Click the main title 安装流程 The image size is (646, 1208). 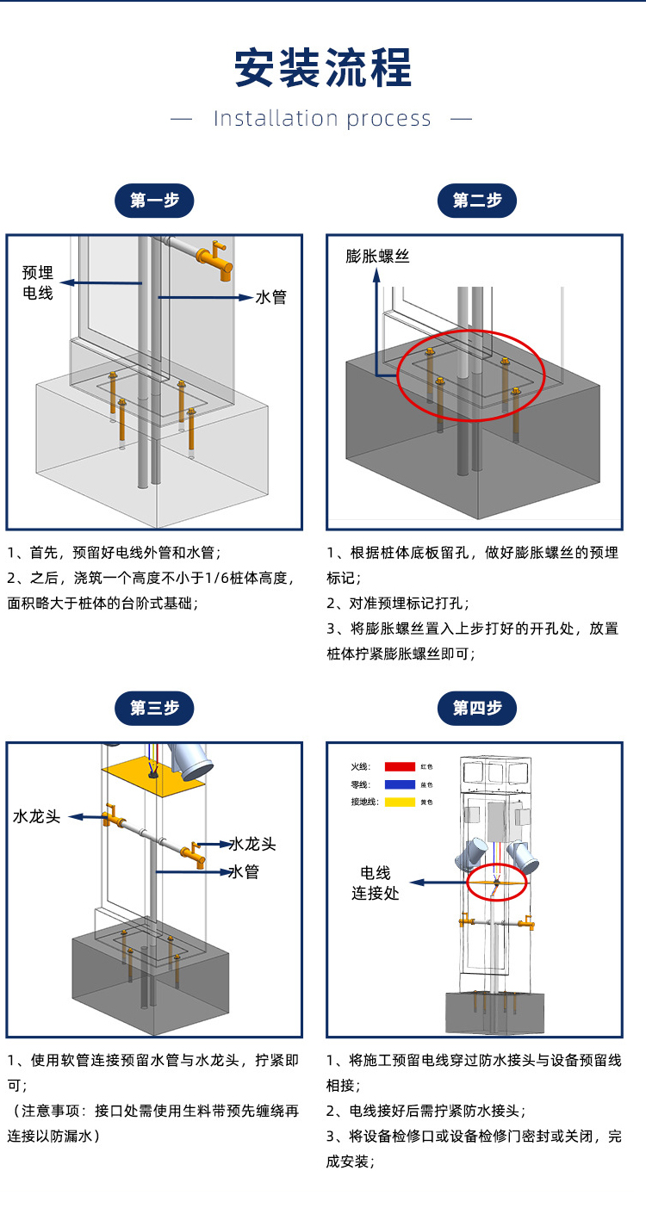tap(323, 68)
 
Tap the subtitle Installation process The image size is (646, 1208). tap(322, 119)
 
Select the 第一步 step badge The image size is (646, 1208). tap(155, 201)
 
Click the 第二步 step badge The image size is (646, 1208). tap(477, 201)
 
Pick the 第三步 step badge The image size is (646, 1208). tap(155, 708)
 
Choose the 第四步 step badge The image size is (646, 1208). tap(477, 708)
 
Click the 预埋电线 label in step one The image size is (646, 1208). tap(38, 282)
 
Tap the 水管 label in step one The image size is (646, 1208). tap(270, 297)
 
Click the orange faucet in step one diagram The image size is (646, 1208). tap(215, 258)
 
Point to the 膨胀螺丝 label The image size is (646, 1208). tap(377, 256)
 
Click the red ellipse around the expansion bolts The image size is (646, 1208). tap(470, 376)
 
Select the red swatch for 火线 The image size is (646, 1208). tap(400, 765)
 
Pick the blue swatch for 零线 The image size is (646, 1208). tap(400, 784)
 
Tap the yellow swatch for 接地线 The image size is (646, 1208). tap(400, 802)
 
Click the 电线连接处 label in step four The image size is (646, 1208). tap(376, 883)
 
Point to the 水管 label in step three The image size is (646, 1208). tap(244, 872)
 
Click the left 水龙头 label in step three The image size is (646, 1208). tap(37, 815)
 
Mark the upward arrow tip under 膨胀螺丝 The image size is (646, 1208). tap(376, 275)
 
